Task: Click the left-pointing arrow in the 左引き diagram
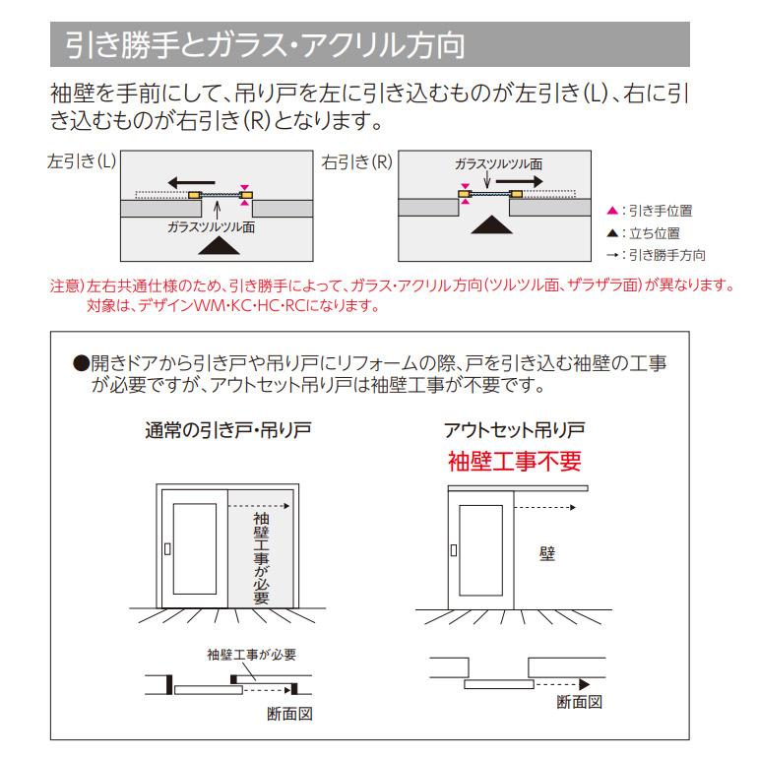click(191, 181)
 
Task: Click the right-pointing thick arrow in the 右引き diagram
click(518, 182)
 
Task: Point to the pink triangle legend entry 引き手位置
click(655, 211)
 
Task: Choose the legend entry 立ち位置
click(650, 233)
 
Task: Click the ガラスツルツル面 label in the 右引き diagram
click(498, 163)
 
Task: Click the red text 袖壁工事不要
click(515, 460)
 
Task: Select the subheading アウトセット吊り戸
click(515, 430)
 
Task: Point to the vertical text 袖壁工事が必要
click(261, 556)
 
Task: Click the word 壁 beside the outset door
click(547, 553)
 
